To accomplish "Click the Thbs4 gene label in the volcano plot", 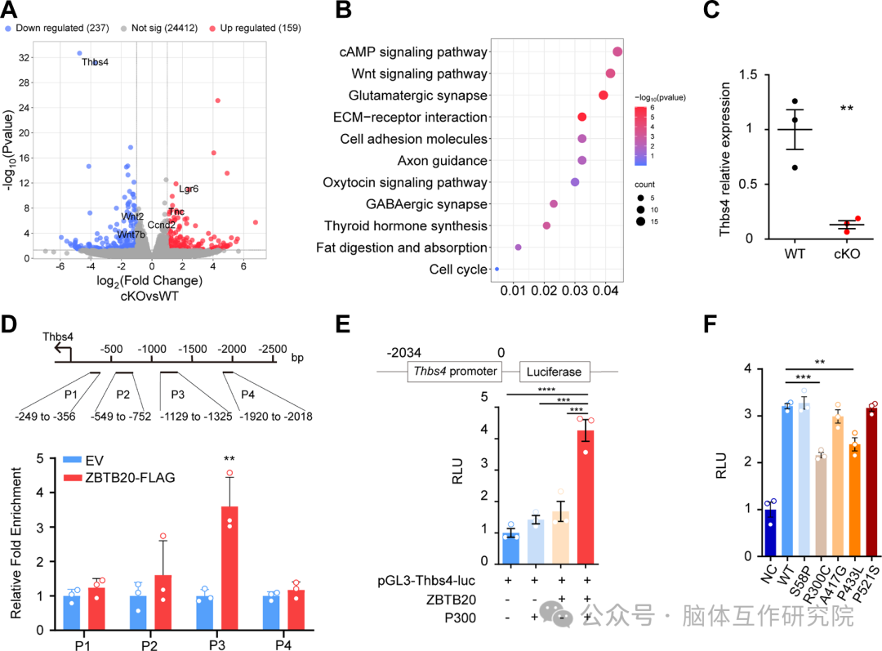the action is pyautogui.click(x=95, y=62).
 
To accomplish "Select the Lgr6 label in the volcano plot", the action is pyautogui.click(x=189, y=189).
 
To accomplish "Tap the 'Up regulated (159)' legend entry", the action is pyautogui.click(x=256, y=28).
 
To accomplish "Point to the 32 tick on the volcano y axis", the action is pyautogui.click(x=24, y=58).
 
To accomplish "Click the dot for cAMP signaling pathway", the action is pyautogui.click(x=617, y=51).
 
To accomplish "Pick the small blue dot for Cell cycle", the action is pyautogui.click(x=497, y=269).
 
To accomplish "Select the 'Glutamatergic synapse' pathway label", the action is pyautogui.click(x=418, y=96).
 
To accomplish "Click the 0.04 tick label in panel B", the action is pyautogui.click(x=606, y=290).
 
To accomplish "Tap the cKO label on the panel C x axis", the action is pyautogui.click(x=847, y=254).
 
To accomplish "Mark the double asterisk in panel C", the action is pyautogui.click(x=847, y=108).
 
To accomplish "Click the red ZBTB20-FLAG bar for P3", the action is pyautogui.click(x=229, y=568).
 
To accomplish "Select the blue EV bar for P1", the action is pyautogui.click(x=71, y=613).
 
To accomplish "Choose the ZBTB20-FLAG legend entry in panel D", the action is pyautogui.click(x=119, y=478).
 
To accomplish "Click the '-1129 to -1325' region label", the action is pyautogui.click(x=196, y=417).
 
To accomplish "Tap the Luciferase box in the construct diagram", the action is pyautogui.click(x=554, y=372).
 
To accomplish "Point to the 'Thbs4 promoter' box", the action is pyautogui.click(x=455, y=372).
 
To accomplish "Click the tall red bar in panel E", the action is pyautogui.click(x=586, y=497).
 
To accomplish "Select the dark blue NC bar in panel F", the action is pyautogui.click(x=769, y=533).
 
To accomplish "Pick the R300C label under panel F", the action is pyautogui.click(x=817, y=585).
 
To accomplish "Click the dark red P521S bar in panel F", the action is pyautogui.click(x=871, y=482).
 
